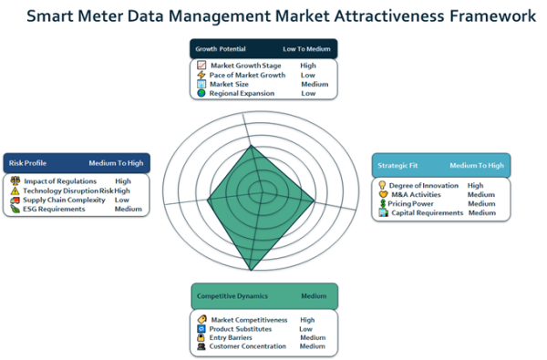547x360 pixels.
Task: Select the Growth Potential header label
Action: click(x=221, y=49)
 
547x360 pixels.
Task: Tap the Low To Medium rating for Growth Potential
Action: click(x=306, y=49)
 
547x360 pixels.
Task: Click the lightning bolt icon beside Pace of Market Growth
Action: click(x=201, y=75)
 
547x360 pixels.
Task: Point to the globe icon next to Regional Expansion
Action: click(x=201, y=93)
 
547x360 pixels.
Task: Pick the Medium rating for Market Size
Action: click(x=315, y=84)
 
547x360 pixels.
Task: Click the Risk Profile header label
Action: click(x=27, y=163)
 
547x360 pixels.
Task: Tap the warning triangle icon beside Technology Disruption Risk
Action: click(x=15, y=190)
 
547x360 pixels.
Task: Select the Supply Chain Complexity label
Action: click(x=64, y=200)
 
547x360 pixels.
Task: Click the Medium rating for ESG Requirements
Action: click(x=129, y=209)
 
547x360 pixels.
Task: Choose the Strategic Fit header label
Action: click(x=397, y=165)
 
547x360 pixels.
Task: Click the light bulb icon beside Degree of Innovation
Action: click(x=382, y=185)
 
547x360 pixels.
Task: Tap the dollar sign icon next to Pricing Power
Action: click(x=383, y=203)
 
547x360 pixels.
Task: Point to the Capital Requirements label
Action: click(x=428, y=212)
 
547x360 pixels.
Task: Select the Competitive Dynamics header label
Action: click(x=232, y=296)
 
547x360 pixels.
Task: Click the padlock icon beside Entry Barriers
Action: click(x=201, y=337)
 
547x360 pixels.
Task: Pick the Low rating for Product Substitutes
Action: click(x=306, y=329)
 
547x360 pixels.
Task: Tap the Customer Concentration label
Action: click(x=248, y=346)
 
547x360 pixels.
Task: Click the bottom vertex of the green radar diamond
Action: click(x=251, y=271)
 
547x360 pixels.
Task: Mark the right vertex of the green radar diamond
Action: click(x=315, y=201)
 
